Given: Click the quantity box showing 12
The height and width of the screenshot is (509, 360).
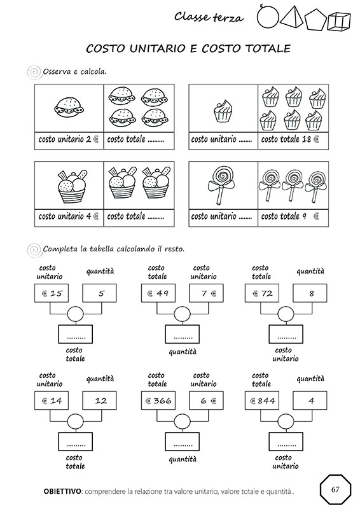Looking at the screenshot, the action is point(99,401).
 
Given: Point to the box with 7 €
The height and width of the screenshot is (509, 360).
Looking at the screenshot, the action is point(206,293).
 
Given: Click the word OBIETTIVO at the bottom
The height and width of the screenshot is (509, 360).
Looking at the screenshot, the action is point(62,491).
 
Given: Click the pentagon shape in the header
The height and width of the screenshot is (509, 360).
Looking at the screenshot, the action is point(315,20).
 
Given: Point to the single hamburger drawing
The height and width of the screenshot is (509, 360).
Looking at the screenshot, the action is point(69,107).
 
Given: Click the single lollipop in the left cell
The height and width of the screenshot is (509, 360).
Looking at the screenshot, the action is point(221,185).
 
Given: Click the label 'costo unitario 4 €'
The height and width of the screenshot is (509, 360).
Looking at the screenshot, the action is point(69,216).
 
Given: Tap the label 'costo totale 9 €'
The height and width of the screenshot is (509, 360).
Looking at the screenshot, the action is point(290,216).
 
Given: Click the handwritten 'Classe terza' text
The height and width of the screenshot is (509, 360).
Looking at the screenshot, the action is point(209,17).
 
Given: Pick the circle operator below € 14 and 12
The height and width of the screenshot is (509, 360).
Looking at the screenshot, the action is point(75,421).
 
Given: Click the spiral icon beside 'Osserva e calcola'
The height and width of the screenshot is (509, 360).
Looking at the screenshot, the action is point(34,73).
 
